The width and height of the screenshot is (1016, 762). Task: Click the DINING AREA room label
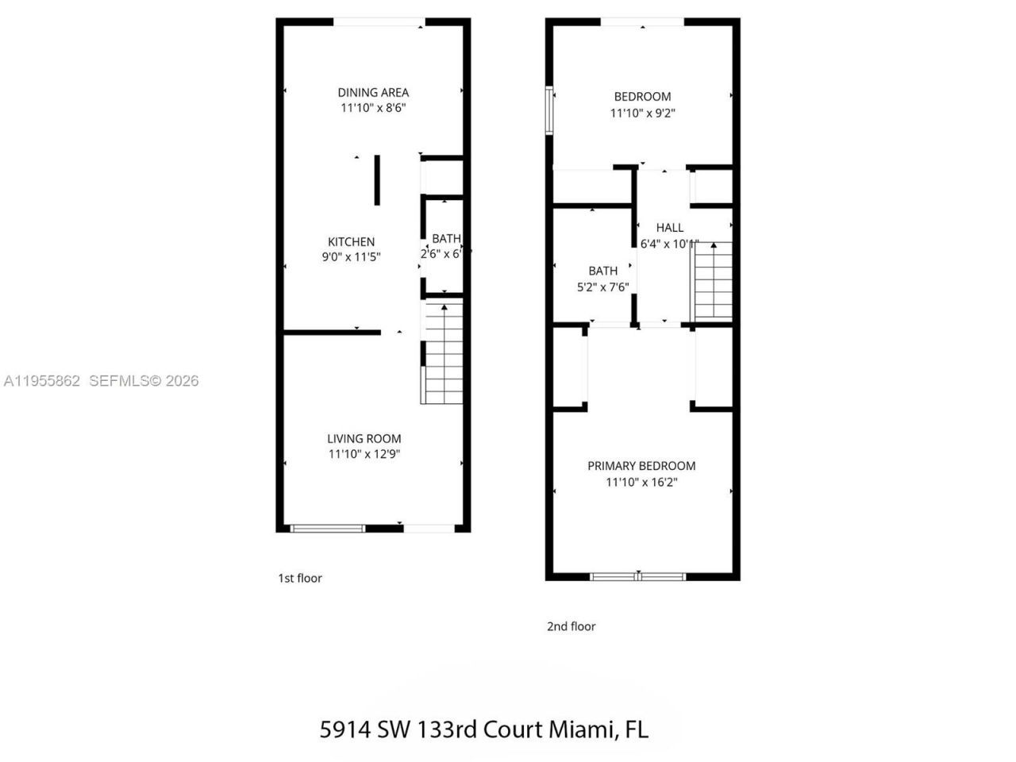point(373,92)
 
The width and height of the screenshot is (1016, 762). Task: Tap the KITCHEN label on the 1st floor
point(351,242)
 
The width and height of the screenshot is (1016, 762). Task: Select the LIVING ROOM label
point(364,438)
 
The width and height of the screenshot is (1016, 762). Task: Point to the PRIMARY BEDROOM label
point(641,466)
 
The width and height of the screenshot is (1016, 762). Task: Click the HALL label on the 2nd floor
point(669,228)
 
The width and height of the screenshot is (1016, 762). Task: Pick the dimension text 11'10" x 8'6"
point(373,108)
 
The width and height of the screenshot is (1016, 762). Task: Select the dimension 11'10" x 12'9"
point(364,454)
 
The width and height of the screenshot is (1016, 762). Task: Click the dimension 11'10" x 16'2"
point(641,482)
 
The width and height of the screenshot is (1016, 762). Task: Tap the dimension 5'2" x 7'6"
point(602,287)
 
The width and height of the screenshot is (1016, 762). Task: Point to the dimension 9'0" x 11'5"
point(351,257)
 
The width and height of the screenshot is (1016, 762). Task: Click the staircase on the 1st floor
point(443,353)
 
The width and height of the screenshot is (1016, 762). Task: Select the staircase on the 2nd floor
point(713,281)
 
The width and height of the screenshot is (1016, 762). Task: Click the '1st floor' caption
point(300,578)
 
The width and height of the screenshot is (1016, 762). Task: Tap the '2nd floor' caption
point(571,626)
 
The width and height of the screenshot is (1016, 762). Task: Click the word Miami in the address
point(578,729)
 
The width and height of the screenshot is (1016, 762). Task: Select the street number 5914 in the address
point(344,729)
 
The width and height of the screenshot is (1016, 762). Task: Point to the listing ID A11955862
point(41,381)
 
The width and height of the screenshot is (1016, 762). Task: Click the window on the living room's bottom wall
point(328,528)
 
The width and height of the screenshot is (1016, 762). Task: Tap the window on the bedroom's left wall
point(548,110)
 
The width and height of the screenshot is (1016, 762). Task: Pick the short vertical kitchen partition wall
point(377,180)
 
